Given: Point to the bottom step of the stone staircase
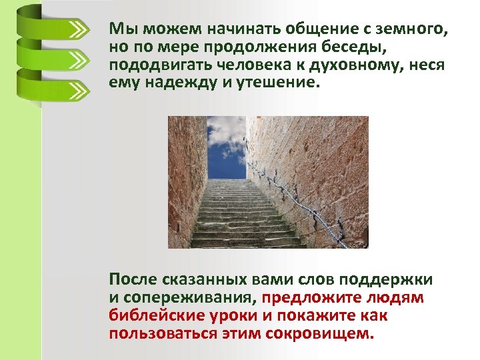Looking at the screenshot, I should pyautogui.click(x=247, y=244).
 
